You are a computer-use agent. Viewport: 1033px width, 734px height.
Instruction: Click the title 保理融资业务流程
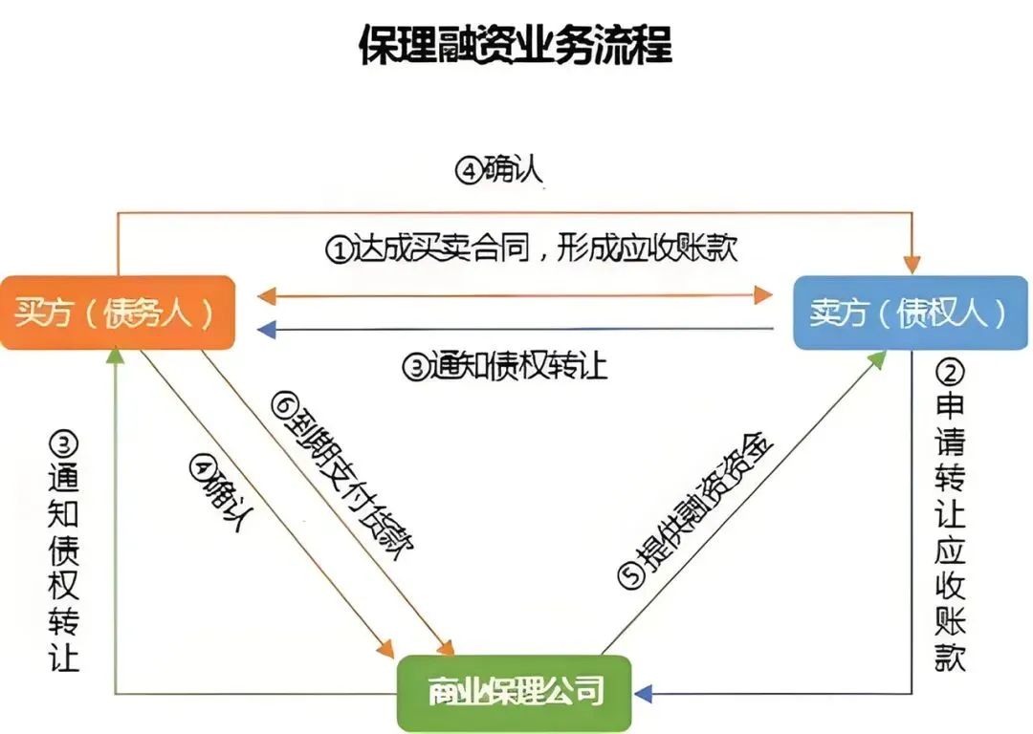(516, 46)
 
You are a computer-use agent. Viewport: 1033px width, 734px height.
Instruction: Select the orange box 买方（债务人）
(117, 313)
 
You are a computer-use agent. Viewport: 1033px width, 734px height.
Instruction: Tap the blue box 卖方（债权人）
(909, 313)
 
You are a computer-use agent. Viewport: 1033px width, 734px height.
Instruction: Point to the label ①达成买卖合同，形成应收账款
(533, 249)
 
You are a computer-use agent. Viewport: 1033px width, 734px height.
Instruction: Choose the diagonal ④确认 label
(226, 497)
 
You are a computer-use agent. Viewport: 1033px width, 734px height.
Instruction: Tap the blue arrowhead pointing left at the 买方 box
(267, 330)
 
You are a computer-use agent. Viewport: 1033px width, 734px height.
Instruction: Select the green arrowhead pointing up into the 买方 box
(115, 356)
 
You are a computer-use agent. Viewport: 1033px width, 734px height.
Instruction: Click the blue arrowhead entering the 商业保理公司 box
(642, 693)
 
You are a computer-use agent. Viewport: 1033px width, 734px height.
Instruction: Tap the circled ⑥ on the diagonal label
(281, 405)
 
